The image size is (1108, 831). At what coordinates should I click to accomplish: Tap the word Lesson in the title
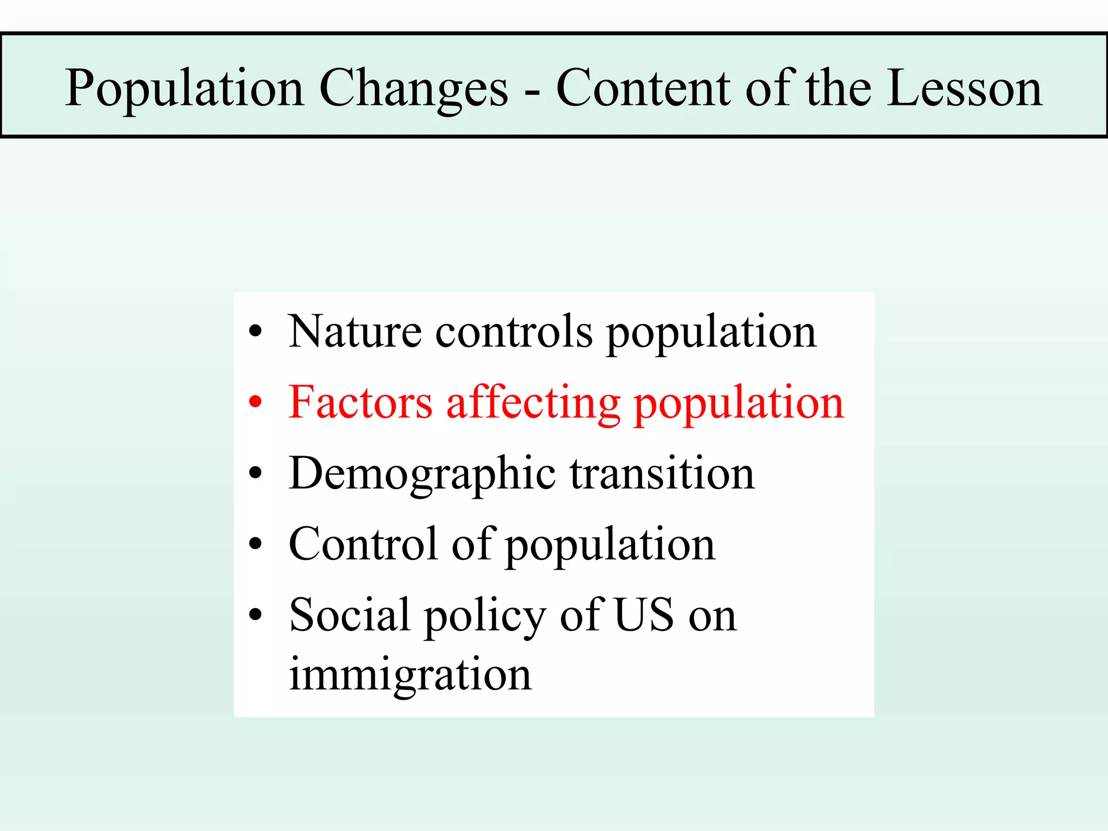tap(964, 88)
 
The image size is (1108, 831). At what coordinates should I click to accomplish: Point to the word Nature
tap(355, 331)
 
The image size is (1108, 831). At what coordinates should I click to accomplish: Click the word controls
tap(514, 331)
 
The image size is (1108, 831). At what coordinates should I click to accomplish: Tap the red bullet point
tap(255, 403)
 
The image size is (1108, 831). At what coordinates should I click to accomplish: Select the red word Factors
tap(360, 403)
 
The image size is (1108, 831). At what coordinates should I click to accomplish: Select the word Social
tap(349, 615)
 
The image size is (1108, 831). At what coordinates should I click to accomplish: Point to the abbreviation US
tap(644, 615)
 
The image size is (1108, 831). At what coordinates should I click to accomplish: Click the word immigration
tap(410, 675)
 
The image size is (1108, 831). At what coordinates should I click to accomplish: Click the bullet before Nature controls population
tap(255, 331)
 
